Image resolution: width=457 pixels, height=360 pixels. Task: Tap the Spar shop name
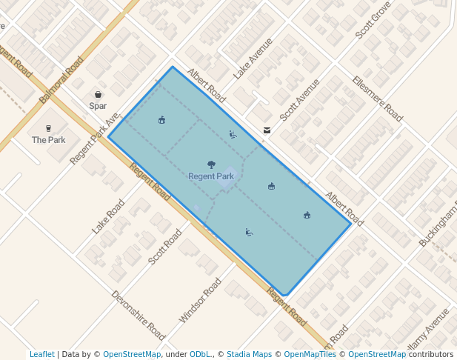98,106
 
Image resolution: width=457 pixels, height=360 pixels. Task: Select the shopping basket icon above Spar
98,95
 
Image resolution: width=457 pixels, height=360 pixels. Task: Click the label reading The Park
48,140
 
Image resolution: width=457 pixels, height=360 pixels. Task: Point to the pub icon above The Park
48,128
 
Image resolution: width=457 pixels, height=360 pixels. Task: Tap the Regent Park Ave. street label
95,139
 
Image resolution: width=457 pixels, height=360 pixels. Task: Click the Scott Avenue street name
299,100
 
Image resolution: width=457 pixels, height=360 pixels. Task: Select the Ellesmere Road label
377,99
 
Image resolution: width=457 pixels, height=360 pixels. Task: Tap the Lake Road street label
108,216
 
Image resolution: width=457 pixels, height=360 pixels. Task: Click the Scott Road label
164,247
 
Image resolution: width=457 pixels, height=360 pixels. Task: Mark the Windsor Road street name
200,301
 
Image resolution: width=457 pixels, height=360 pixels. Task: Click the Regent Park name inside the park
211,176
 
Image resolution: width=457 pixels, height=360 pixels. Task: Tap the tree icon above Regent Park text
212,165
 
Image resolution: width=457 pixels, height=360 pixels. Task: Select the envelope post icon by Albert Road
267,130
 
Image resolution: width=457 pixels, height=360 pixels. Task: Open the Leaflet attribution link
41,354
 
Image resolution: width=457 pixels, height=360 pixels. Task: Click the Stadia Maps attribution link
249,354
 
